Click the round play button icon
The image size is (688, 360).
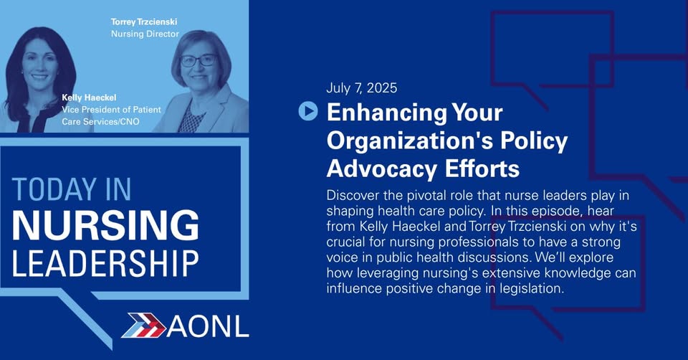click(308, 111)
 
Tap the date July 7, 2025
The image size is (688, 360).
click(361, 87)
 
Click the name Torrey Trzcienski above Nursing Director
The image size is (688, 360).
click(144, 22)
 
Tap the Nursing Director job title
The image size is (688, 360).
click(145, 34)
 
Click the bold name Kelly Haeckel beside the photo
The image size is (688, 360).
click(89, 98)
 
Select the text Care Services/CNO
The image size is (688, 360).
click(100, 121)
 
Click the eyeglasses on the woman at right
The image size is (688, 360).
click(198, 60)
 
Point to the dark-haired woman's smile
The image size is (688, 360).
click(40, 77)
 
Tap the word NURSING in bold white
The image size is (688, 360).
click(105, 224)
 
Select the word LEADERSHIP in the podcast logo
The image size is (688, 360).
click(105, 263)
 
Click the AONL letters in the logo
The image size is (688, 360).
click(208, 326)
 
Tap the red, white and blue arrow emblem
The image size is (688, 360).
click(144, 326)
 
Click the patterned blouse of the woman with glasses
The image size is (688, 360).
click(191, 117)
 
